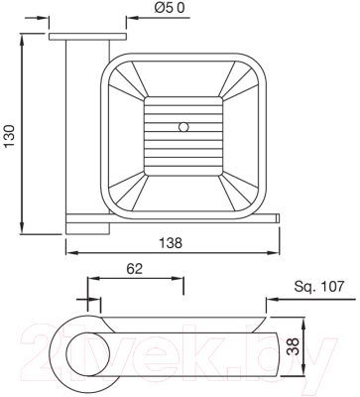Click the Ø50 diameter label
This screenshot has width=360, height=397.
tap(170, 8)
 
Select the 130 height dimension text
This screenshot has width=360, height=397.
tap(10, 136)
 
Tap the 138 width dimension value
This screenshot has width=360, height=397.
tap(171, 243)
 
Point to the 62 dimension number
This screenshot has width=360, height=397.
tap(135, 269)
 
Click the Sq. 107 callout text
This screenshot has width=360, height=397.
tap(319, 287)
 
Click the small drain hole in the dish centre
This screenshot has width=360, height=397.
tap(182, 127)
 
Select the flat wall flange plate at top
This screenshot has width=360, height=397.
tap(88, 37)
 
